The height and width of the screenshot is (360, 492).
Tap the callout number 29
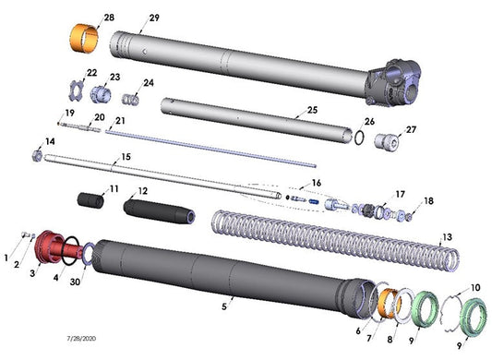pos(154,18)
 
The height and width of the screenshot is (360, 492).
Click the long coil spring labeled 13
pos(332,242)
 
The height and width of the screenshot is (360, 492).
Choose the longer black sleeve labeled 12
pos(157,208)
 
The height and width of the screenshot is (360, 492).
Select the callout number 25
pos(312,111)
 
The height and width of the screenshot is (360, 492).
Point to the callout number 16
pos(317,183)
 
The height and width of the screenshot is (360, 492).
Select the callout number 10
pos(476,287)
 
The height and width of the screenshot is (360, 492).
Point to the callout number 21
pos(120,121)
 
